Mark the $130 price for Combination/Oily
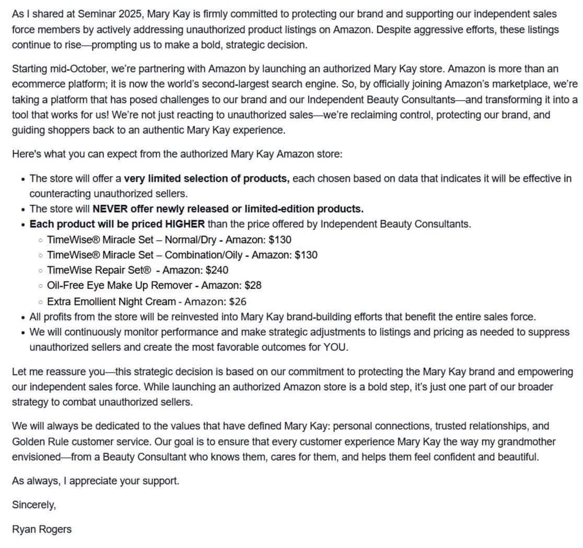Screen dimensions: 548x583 tap(306, 255)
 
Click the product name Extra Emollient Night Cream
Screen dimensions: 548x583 tap(111, 301)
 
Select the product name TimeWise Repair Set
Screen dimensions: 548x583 tap(99, 270)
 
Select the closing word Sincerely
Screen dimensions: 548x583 tap(33, 505)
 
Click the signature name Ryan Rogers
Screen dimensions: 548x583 tap(42, 529)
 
